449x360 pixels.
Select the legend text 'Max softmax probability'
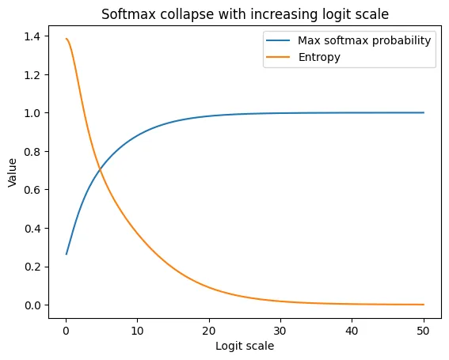(x=365, y=40)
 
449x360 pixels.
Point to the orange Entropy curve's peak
(x=67, y=39)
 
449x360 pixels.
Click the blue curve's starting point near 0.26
(x=67, y=254)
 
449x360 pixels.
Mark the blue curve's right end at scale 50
(x=424, y=112)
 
